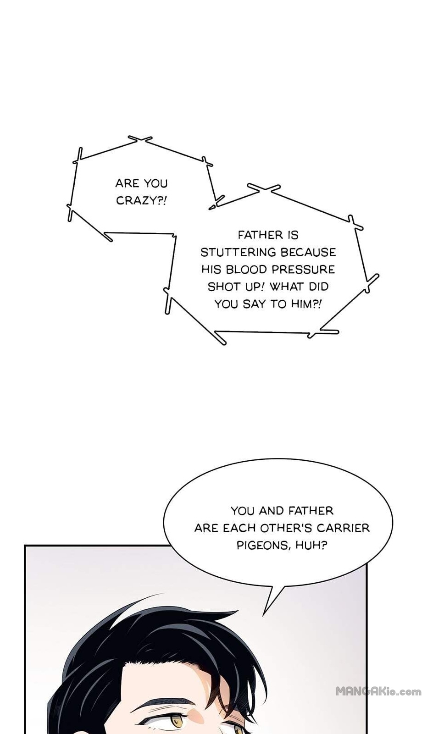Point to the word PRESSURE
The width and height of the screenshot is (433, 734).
click(x=303, y=270)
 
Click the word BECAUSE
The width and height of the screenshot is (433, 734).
click(x=308, y=252)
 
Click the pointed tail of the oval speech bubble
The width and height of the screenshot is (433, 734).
click(x=263, y=616)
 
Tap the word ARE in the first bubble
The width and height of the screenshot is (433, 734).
click(x=127, y=183)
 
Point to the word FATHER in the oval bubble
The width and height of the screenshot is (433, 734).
click(x=311, y=511)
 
